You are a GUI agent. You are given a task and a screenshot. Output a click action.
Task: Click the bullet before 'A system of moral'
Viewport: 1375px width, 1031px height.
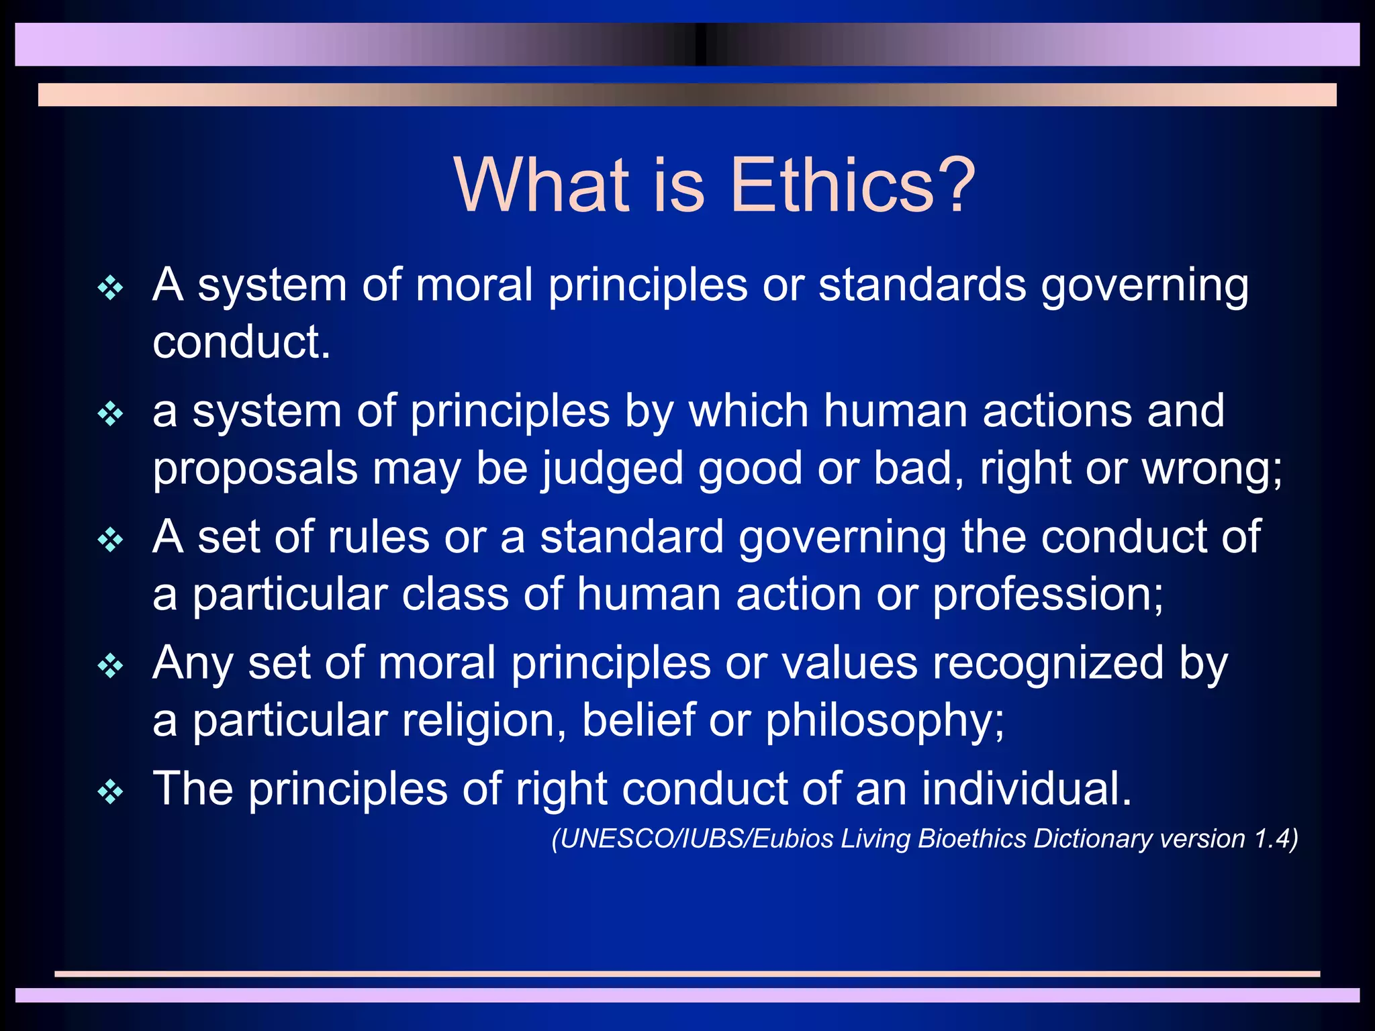tap(110, 289)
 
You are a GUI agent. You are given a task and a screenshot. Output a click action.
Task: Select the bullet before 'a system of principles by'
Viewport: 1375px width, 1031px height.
tap(110, 414)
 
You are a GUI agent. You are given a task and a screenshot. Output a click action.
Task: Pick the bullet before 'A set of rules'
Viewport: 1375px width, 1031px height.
tap(110, 540)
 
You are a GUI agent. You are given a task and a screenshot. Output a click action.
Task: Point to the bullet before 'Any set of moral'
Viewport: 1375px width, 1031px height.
tap(110, 667)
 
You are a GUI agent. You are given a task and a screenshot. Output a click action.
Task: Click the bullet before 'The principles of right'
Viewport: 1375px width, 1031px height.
tap(110, 793)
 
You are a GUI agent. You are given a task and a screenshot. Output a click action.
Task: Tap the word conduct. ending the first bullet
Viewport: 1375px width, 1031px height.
tap(242, 342)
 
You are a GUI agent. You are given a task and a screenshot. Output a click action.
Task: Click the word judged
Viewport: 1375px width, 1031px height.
tap(612, 469)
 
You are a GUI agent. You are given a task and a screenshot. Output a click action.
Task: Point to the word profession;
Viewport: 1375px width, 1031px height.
tap(1048, 595)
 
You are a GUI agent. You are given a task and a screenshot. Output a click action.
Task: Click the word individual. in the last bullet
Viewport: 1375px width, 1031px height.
tap(1027, 789)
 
